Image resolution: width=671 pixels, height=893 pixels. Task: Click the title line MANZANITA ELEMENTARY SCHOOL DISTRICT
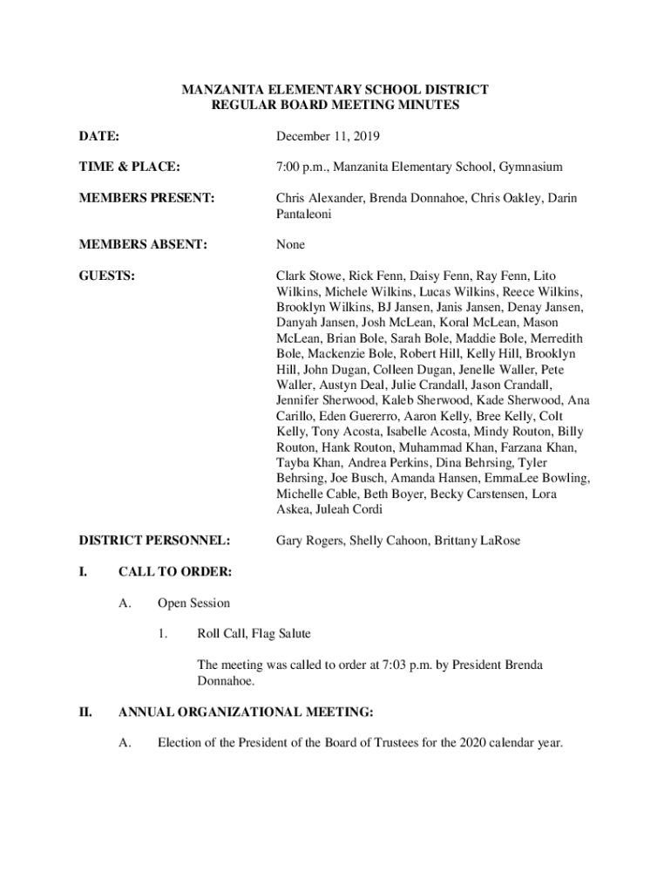pyautogui.click(x=335, y=90)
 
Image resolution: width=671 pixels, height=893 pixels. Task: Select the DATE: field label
pyautogui.click(x=98, y=137)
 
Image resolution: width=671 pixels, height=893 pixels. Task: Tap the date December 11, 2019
pyautogui.click(x=328, y=137)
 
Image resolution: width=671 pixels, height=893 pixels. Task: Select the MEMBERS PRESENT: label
pyautogui.click(x=146, y=198)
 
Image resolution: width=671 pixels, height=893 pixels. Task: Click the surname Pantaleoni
pyautogui.click(x=306, y=214)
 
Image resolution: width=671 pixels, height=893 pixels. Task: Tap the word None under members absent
pyautogui.click(x=291, y=245)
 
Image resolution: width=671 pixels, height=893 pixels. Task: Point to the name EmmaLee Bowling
pyautogui.click(x=536, y=479)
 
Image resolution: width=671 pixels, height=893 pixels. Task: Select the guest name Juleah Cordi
pyautogui.click(x=345, y=510)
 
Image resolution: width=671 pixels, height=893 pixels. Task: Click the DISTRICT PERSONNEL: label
pyautogui.click(x=154, y=542)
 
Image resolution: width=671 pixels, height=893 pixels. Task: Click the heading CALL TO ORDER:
pyautogui.click(x=175, y=572)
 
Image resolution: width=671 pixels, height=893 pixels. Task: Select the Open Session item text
pyautogui.click(x=193, y=603)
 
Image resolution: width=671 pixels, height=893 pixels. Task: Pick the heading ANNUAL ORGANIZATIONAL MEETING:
pyautogui.click(x=246, y=712)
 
